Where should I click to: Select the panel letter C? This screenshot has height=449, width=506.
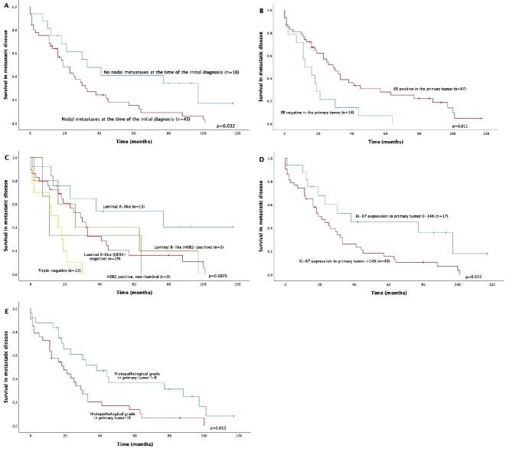5,158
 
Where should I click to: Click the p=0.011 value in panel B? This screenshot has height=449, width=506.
465,125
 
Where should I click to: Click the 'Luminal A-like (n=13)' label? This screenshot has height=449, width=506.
122,207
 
